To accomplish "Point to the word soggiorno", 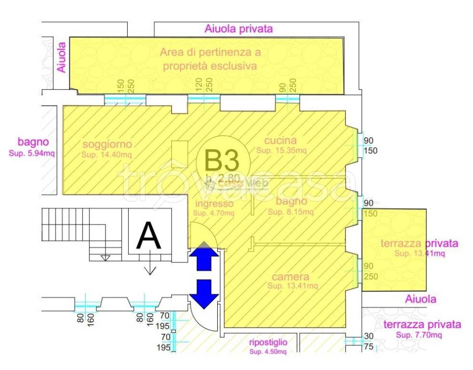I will click(107, 144).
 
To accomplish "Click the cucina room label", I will click(280, 141).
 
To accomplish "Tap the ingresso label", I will click(214, 204).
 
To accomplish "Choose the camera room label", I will click(290, 277).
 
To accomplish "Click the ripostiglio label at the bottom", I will click(268, 343).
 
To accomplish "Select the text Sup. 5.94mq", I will click(32, 154).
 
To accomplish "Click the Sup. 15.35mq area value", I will click(281, 151).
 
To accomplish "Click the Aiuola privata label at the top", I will click(239, 29).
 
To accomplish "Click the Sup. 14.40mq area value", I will click(106, 155).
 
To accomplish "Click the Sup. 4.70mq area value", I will click(214, 213).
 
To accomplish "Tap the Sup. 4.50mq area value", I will click(268, 352).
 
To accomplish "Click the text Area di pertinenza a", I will click(210, 52).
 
